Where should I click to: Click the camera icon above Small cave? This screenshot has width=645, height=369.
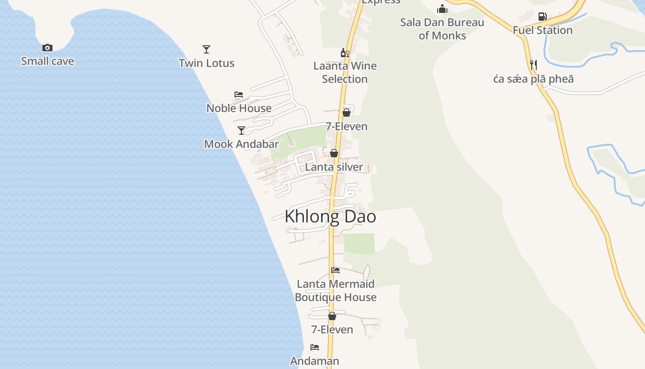pyautogui.click(x=47, y=48)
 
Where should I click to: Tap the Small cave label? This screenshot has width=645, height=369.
pyautogui.click(x=47, y=61)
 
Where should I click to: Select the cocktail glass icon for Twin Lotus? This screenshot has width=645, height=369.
pyautogui.click(x=206, y=49)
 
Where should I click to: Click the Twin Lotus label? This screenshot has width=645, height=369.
pyautogui.click(x=206, y=63)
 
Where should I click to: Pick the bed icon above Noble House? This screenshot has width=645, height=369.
pyautogui.click(x=239, y=94)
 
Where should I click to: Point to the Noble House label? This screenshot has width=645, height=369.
pyautogui.click(x=239, y=108)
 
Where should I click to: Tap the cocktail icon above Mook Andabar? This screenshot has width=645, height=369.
pyautogui.click(x=241, y=131)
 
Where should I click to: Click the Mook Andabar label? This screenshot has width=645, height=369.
pyautogui.click(x=241, y=144)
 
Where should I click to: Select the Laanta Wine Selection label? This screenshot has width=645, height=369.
pyautogui.click(x=345, y=72)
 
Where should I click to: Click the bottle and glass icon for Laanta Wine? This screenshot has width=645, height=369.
pyautogui.click(x=345, y=53)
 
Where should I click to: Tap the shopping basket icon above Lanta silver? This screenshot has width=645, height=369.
pyautogui.click(x=334, y=153)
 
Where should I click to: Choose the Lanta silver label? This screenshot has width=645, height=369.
pyautogui.click(x=334, y=167)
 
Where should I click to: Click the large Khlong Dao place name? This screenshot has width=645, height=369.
pyautogui.click(x=330, y=216)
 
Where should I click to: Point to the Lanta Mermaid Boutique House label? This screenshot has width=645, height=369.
pyautogui.click(x=335, y=291)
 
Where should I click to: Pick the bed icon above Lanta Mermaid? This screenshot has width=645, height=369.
pyautogui.click(x=335, y=270)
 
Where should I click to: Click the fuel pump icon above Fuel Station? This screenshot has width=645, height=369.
pyautogui.click(x=543, y=17)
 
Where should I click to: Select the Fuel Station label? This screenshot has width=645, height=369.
pyautogui.click(x=543, y=30)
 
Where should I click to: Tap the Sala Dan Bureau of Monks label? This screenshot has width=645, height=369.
pyautogui.click(x=442, y=29)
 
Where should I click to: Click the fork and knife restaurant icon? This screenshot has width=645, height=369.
pyautogui.click(x=534, y=65)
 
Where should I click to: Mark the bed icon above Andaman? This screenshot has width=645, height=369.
pyautogui.click(x=315, y=347)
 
